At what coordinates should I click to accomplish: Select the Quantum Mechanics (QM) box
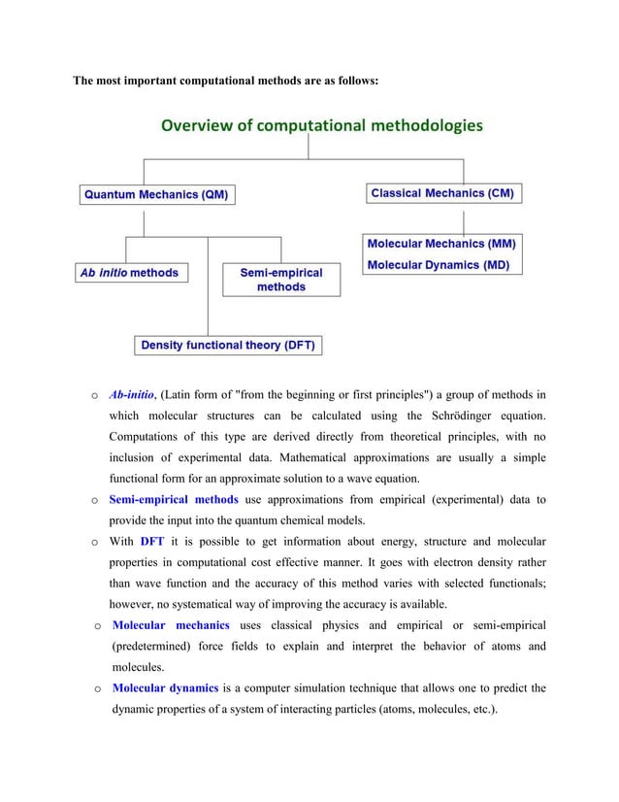coord(156,194)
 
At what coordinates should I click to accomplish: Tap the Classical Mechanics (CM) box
coord(442,193)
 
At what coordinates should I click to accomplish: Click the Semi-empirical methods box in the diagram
coord(280,280)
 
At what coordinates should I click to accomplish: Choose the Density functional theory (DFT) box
coord(228,345)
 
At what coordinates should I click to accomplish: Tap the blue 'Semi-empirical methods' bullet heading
coord(173,499)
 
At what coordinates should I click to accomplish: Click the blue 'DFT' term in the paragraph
coord(152,541)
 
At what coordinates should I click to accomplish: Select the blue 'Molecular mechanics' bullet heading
coord(171,625)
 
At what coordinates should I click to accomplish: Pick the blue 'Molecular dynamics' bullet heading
coord(165,688)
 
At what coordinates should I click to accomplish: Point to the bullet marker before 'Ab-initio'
coord(93,396)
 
